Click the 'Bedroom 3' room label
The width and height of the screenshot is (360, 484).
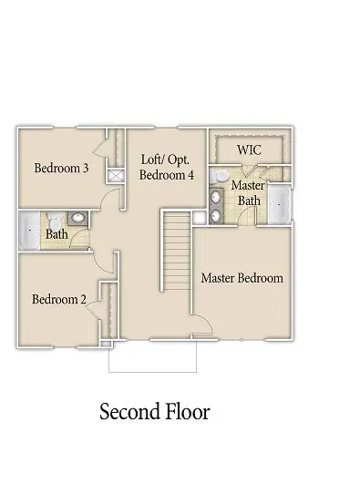click(x=60, y=168)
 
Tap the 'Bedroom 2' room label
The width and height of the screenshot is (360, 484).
click(x=58, y=299)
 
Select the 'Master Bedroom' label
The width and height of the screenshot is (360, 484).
click(x=242, y=278)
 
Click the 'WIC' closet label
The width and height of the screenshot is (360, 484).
click(x=249, y=148)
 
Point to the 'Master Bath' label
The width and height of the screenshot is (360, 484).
click(x=247, y=192)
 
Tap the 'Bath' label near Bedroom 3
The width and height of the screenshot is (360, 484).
click(x=57, y=234)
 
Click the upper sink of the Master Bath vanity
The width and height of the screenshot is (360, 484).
click(x=217, y=195)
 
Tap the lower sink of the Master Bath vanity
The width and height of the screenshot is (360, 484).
click(x=217, y=214)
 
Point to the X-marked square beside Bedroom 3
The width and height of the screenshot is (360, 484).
click(x=117, y=177)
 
